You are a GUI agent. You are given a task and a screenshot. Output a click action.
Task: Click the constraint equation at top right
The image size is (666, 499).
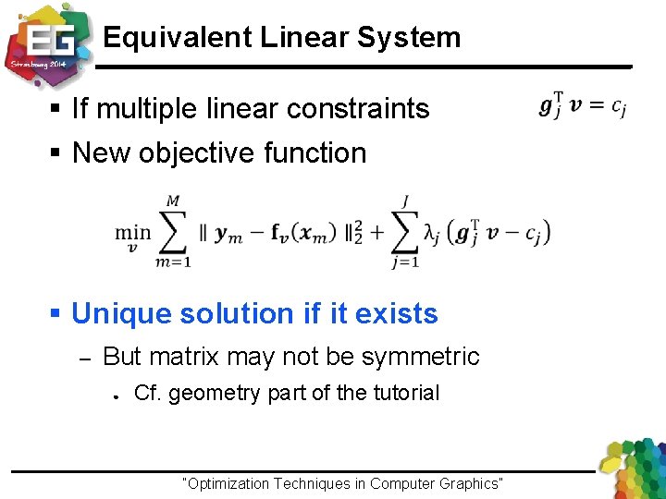(582, 106)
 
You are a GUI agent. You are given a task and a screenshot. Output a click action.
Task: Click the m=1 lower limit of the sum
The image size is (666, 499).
(173, 262)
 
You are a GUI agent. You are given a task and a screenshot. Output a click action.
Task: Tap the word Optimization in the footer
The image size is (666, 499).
(228, 483)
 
